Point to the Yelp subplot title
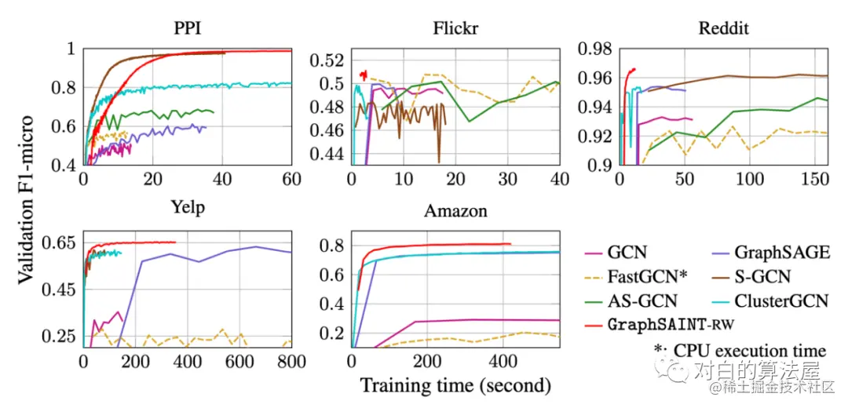[187, 208]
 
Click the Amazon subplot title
[455, 210]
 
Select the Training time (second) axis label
[455, 385]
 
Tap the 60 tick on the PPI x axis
[291, 179]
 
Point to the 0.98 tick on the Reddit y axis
[594, 49]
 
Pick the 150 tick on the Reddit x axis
[817, 179]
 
